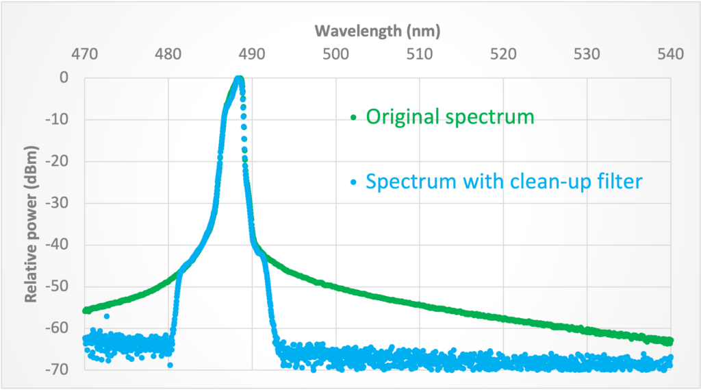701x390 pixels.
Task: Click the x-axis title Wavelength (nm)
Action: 377,31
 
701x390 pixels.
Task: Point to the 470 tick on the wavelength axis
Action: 84,53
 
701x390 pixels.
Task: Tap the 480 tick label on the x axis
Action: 168,53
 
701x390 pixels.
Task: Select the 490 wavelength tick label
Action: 252,53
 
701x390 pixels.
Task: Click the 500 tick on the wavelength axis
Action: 335,53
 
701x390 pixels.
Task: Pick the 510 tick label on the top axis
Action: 420,53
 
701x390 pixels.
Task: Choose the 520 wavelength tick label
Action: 504,53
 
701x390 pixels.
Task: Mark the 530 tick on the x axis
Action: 587,53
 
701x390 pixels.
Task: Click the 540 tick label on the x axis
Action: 671,53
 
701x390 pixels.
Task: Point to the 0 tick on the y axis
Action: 63,78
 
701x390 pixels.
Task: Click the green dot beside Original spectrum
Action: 354,118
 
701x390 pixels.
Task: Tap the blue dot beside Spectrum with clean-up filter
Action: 354,183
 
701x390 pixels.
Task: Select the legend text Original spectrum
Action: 450,117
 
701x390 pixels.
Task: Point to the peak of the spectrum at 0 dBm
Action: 239,79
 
